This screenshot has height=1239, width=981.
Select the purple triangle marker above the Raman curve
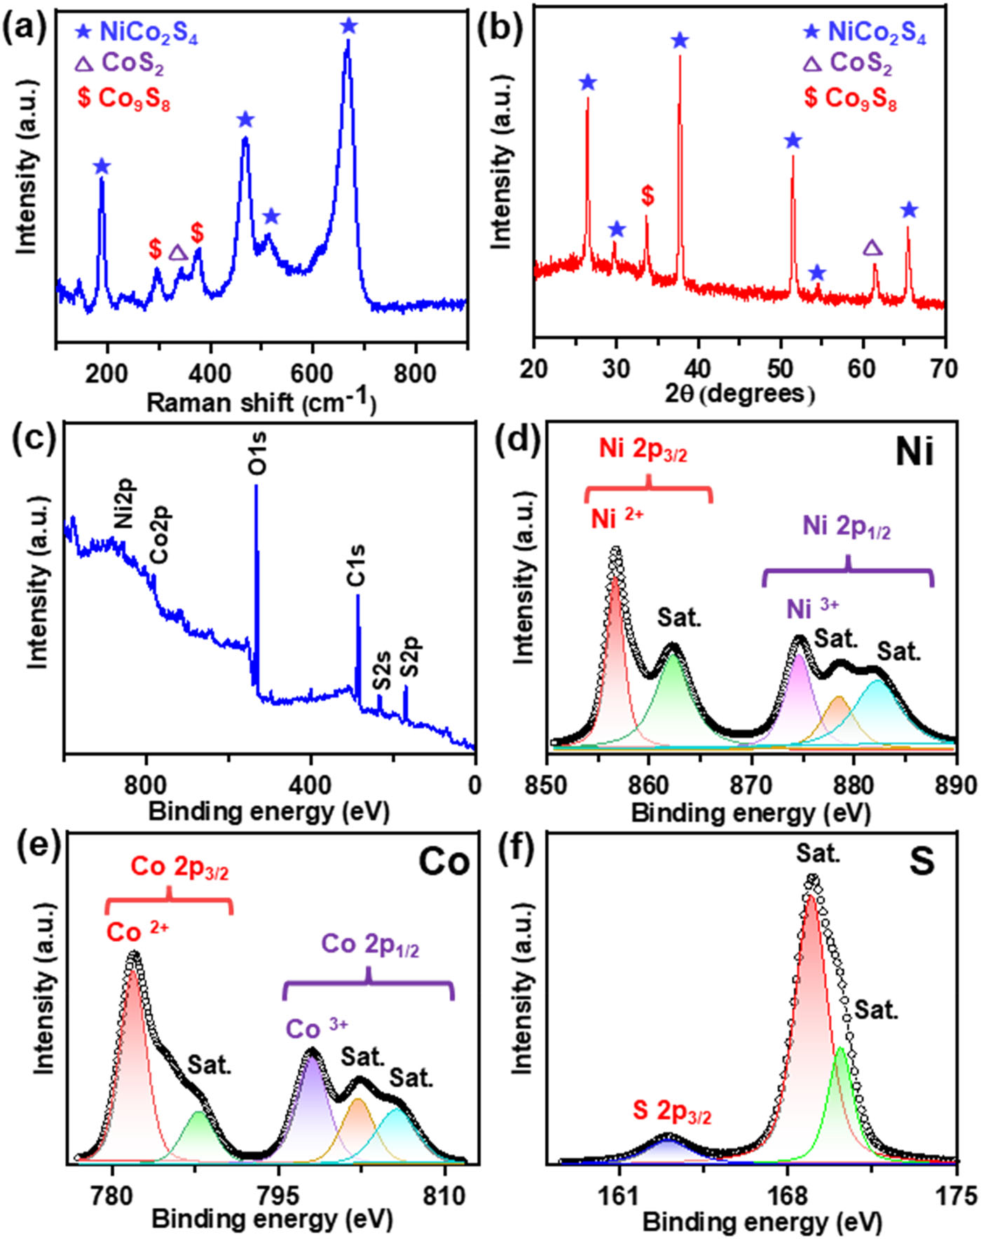point(178,253)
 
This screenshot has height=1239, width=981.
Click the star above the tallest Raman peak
point(348,27)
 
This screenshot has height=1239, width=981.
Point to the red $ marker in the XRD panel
point(647,196)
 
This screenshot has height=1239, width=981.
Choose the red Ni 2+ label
point(617,519)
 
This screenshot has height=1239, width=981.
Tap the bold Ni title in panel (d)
point(914,453)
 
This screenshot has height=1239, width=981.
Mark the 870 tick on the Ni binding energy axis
point(751,784)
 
